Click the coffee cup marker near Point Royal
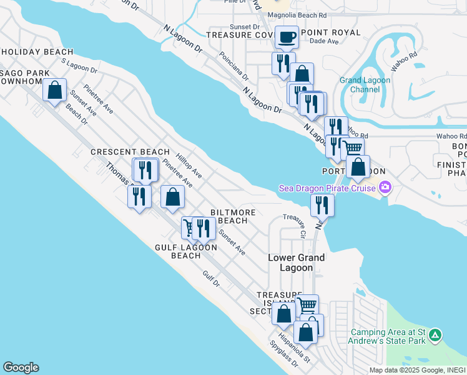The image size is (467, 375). (287, 37)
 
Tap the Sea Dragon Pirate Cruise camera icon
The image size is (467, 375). (385, 187)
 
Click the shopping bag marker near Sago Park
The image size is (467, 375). (55, 89)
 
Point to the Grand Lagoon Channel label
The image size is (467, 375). (365, 84)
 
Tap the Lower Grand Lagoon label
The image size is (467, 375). (296, 262)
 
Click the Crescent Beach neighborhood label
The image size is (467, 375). (130, 152)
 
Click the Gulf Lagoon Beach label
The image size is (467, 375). (185, 251)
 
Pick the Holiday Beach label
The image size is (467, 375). (37, 52)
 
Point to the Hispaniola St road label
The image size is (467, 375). (295, 347)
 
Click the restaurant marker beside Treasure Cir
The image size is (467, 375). (322, 204)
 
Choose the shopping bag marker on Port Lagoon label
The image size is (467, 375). (358, 166)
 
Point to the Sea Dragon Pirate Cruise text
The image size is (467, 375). (327, 188)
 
